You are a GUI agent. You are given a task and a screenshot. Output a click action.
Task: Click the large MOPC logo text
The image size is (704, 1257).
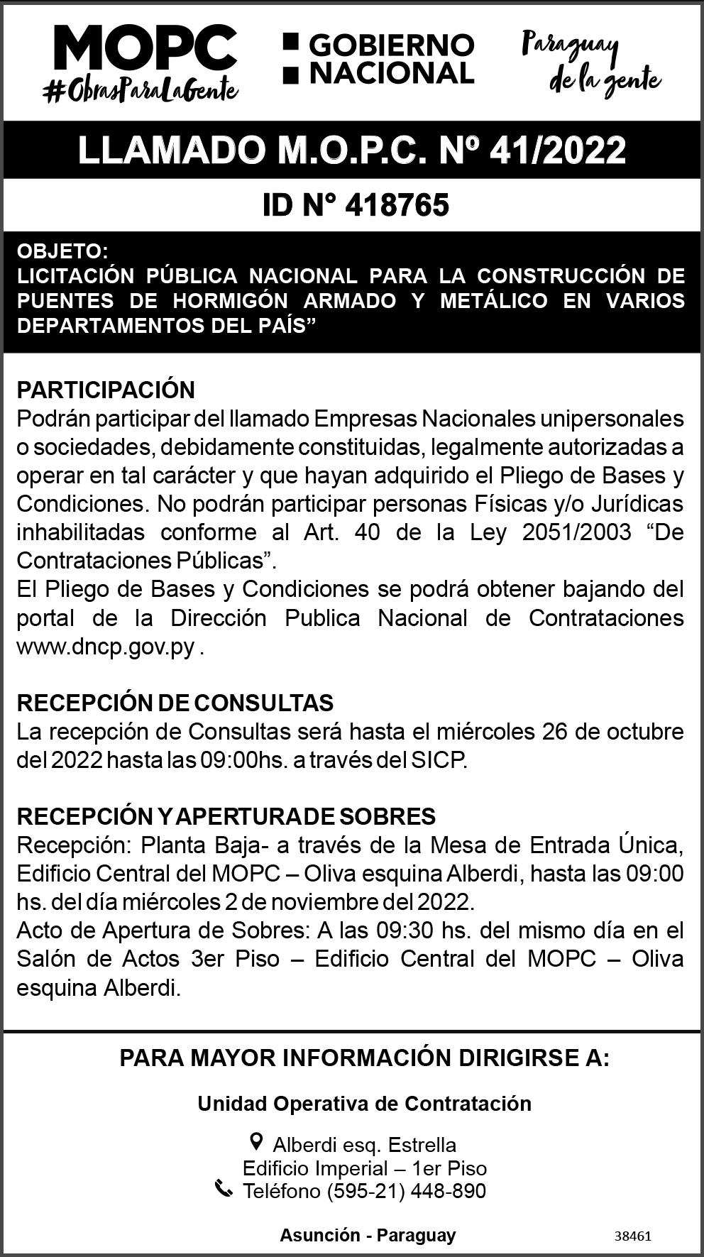(145, 49)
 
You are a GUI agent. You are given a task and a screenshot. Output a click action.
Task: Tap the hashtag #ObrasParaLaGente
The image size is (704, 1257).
(141, 89)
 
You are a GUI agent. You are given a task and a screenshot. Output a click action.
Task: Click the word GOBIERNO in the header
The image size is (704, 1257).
(391, 45)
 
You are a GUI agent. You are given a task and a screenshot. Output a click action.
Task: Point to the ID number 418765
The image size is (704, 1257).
(397, 206)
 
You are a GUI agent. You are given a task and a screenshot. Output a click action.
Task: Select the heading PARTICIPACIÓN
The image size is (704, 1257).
(106, 390)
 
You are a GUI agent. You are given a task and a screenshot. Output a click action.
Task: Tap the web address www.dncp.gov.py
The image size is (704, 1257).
(106, 647)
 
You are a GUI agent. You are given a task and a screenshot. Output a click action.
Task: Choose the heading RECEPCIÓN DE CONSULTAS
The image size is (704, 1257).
(175, 703)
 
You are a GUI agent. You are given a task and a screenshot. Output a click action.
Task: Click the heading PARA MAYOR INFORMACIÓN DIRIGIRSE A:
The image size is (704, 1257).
(364, 1058)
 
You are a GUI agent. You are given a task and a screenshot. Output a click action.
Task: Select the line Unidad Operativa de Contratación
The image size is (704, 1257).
(364, 1104)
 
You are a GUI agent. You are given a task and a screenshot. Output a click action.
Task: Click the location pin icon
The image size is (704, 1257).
(257, 1142)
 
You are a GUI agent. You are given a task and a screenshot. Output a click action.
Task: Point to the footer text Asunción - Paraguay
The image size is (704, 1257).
(368, 1236)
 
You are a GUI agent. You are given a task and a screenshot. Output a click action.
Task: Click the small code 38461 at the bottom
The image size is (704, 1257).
(632, 1236)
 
